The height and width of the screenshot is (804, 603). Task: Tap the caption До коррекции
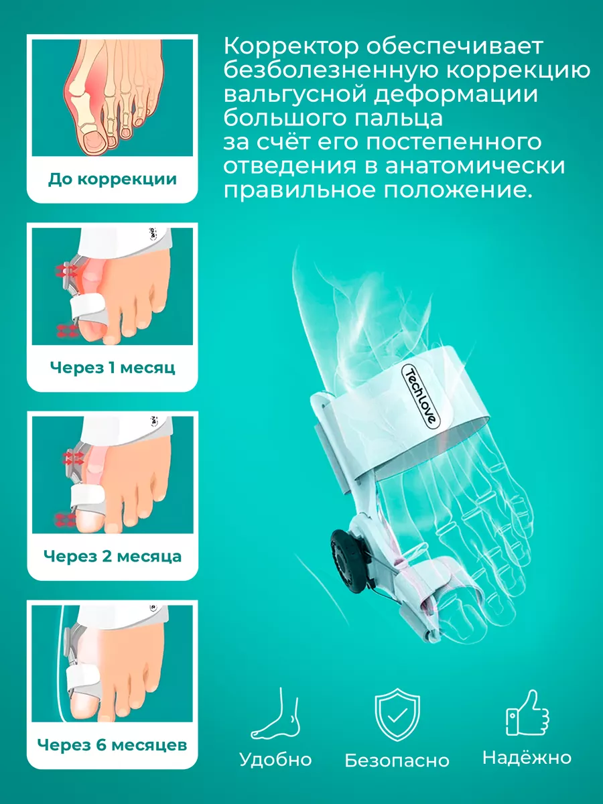tap(113, 179)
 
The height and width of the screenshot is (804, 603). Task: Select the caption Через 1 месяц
tap(113, 367)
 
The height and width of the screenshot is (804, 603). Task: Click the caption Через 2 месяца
tap(113, 556)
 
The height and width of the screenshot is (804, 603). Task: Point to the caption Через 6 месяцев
tap(113, 744)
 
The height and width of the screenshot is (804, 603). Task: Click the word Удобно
tap(275, 760)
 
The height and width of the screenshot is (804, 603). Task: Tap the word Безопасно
tap(397, 761)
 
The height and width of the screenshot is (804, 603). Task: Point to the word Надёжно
tap(527, 758)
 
